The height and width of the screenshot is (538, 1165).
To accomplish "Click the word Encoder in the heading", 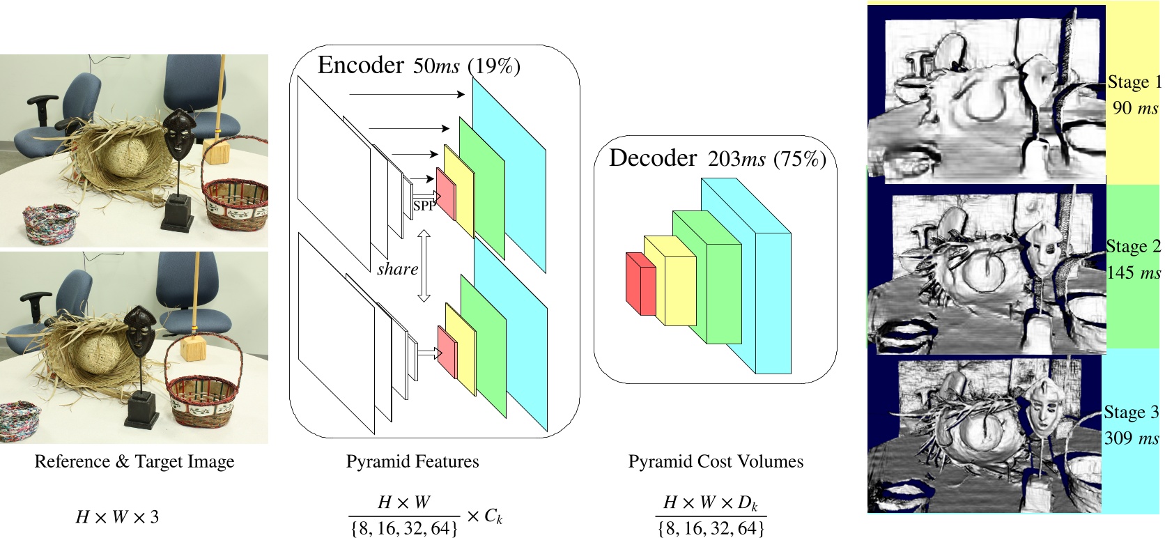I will (x=360, y=65).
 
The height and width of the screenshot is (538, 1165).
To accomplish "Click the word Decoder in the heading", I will (x=652, y=158).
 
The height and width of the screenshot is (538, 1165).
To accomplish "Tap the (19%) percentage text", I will (x=494, y=66).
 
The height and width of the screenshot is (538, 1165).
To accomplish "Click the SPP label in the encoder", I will (x=424, y=206).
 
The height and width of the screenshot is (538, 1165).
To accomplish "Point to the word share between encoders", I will (x=397, y=269).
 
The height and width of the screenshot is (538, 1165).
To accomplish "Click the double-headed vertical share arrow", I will (x=423, y=267).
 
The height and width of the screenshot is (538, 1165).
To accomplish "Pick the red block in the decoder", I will (x=641, y=284).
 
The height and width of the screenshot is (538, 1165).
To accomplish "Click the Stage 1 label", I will (x=1134, y=82).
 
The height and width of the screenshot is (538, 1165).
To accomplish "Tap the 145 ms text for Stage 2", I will (x=1134, y=272).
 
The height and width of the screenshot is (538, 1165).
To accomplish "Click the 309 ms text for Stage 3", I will (x=1132, y=438).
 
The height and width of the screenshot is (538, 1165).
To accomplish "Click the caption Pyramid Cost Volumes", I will (x=716, y=461).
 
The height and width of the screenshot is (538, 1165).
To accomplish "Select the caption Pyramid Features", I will (x=412, y=461).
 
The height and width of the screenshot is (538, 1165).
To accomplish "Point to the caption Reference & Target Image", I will (x=134, y=461).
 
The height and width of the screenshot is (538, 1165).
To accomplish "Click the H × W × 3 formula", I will (x=117, y=517).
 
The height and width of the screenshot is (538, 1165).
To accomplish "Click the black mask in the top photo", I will (x=179, y=136).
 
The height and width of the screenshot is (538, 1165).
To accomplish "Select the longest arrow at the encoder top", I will (x=407, y=93).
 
